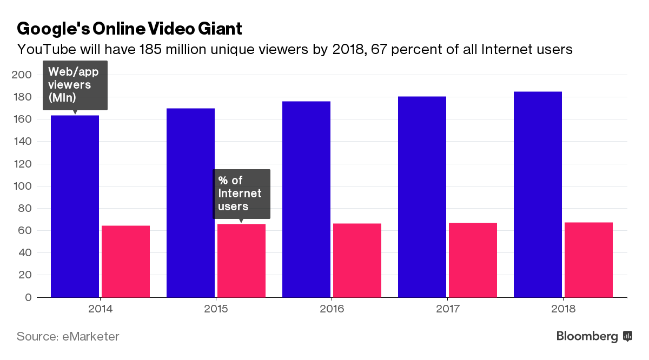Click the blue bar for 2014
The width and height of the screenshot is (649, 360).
(x=75, y=206)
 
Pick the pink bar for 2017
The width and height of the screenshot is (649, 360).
(x=473, y=260)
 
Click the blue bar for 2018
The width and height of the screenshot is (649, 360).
(x=538, y=194)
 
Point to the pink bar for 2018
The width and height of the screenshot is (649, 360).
(x=588, y=259)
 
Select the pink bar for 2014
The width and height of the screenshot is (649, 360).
(x=125, y=261)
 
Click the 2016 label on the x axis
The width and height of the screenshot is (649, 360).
(x=332, y=310)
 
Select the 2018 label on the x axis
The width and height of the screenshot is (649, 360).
(x=563, y=310)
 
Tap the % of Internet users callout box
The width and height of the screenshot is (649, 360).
(x=241, y=193)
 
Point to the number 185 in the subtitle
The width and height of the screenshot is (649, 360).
(x=150, y=50)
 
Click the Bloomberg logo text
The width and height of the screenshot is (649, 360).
(x=587, y=336)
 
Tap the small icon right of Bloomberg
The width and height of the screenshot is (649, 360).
(x=628, y=336)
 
